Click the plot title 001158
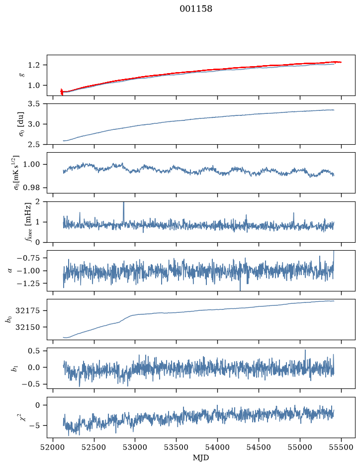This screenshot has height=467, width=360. (x=195, y=9)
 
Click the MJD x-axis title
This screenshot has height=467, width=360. (x=201, y=458)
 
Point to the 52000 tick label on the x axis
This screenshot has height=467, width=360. (x=53, y=447)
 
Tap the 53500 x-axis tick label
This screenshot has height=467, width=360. (x=177, y=447)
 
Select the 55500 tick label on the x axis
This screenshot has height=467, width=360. (x=341, y=447)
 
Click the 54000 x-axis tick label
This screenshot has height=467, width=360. (x=217, y=447)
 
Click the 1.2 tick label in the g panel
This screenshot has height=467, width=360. (x=34, y=65)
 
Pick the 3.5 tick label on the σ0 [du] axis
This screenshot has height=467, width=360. (x=34, y=104)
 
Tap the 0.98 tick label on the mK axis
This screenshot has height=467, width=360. (x=31, y=187)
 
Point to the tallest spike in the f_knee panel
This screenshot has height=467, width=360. (x=124, y=203)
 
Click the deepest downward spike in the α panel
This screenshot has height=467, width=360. (x=240, y=290)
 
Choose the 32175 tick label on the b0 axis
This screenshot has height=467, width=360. (x=28, y=311)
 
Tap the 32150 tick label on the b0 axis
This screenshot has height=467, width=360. (x=28, y=327)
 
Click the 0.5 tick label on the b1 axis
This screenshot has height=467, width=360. (x=34, y=351)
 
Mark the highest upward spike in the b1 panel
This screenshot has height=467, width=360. (x=305, y=350)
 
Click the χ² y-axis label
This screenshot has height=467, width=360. (x=23, y=417)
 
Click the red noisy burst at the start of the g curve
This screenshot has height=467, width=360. (x=62, y=92)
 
